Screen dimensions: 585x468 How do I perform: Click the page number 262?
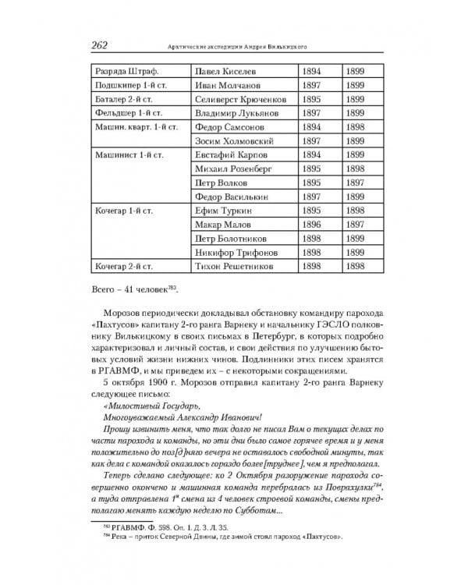tap(104, 45)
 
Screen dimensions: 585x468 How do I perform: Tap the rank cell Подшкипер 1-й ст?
tap(129, 85)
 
